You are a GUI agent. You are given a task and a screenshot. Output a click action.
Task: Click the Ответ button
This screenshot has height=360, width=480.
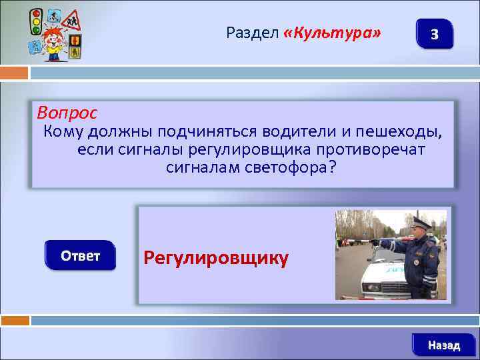80,255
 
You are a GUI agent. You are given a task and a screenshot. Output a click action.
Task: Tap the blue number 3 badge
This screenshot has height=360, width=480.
434,34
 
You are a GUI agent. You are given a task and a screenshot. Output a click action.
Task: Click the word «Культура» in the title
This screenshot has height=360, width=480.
333,32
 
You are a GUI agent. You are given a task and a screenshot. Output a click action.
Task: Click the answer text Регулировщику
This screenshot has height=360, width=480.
216,258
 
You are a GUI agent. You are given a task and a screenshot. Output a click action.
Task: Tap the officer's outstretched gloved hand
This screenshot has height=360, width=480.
373,242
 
